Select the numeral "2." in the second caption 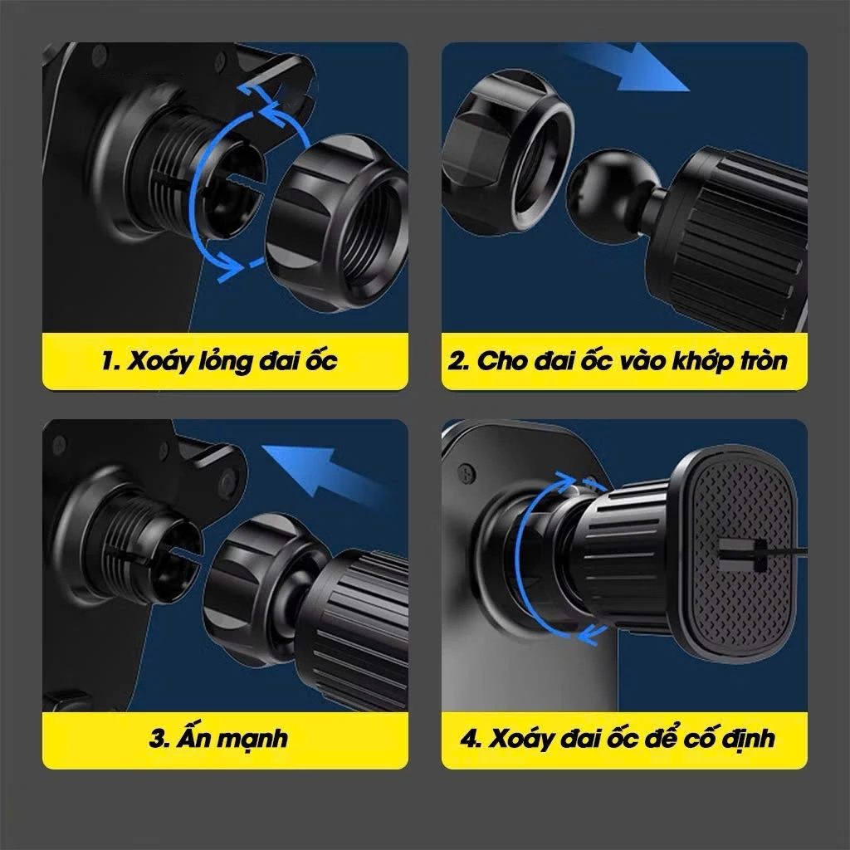pos(458,361)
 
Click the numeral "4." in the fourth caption pos(471,738)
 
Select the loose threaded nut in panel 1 pos(337,223)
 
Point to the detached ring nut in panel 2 pos(507,152)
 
